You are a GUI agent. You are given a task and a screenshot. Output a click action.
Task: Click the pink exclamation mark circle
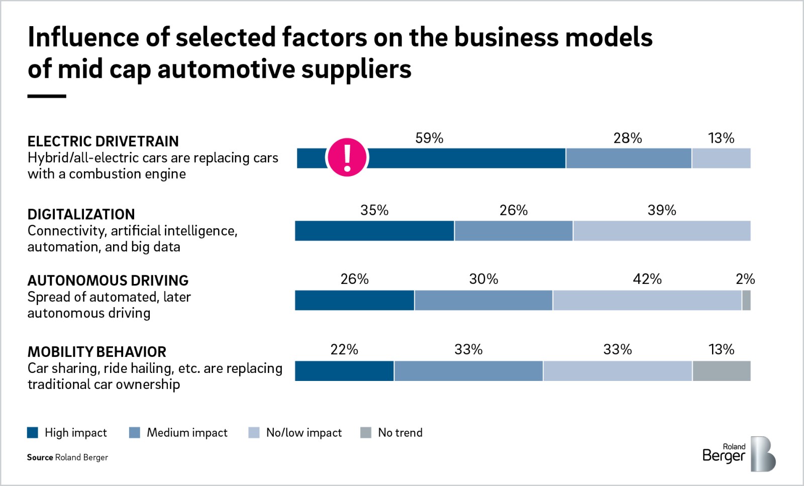[347, 157]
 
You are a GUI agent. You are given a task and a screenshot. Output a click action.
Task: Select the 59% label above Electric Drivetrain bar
[429, 138]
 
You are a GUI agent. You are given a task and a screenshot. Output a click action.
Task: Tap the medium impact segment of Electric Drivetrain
[628, 158]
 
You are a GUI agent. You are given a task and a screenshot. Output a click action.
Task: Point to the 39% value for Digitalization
[661, 210]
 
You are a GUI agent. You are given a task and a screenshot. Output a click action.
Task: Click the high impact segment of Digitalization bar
[374, 231]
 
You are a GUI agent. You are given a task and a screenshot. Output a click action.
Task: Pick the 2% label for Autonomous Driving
[745, 279]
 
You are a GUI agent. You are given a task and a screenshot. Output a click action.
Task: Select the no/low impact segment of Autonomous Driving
[647, 300]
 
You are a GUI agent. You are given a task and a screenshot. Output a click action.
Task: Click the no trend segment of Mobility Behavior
[721, 371]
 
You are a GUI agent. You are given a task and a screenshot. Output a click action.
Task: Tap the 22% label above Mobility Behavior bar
[344, 349]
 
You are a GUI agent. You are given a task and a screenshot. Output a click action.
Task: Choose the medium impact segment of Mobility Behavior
[468, 371]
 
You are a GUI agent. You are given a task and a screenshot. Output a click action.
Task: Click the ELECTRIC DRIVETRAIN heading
[103, 141]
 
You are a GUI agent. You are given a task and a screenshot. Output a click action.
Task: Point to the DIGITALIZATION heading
[81, 214]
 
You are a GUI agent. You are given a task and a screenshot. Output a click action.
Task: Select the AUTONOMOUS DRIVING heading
[108, 280]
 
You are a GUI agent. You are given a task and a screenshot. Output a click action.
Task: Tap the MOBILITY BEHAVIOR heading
[97, 352]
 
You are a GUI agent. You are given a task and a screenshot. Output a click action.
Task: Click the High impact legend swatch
[33, 433]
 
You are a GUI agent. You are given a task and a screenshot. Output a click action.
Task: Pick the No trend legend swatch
[366, 433]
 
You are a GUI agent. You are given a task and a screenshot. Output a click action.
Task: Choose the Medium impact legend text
[187, 433]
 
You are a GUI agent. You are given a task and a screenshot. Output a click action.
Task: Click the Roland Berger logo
[739, 454]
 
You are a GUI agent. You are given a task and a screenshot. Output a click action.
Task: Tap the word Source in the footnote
[40, 457]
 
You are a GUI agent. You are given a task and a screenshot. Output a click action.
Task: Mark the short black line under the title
[47, 96]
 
